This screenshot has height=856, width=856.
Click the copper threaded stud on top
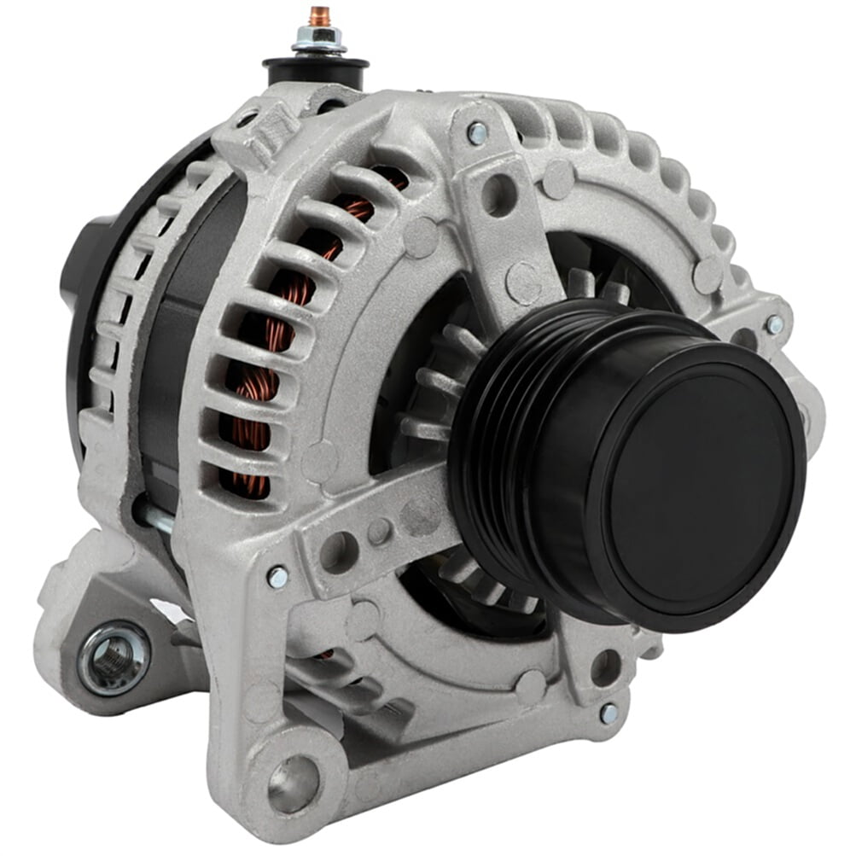(x=319, y=16)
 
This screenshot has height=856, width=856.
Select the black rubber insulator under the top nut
(x=316, y=70)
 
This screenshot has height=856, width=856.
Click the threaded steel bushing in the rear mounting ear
(x=114, y=657)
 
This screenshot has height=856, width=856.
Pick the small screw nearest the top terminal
(x=477, y=133)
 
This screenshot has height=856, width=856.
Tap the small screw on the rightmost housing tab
(x=774, y=324)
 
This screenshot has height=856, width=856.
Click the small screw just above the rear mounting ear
(x=277, y=577)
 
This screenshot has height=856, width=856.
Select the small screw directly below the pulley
(x=609, y=713)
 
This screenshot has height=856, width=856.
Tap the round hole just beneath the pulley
(x=605, y=667)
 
